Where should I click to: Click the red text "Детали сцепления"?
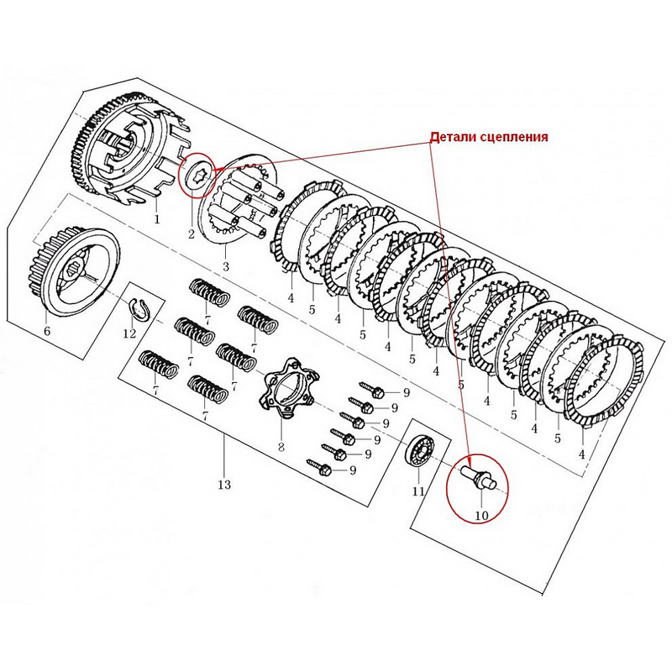(489, 137)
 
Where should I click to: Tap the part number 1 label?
(156, 219)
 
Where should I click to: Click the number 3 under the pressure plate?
(225, 266)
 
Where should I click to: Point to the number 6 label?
(47, 331)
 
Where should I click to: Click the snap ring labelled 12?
(140, 308)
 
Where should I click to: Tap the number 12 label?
(129, 333)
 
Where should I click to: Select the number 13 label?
(223, 485)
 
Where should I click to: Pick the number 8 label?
(281, 447)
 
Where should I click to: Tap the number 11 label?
(418, 491)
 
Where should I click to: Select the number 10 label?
(481, 514)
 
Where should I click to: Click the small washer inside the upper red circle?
(199, 175)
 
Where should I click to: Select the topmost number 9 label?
(406, 392)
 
